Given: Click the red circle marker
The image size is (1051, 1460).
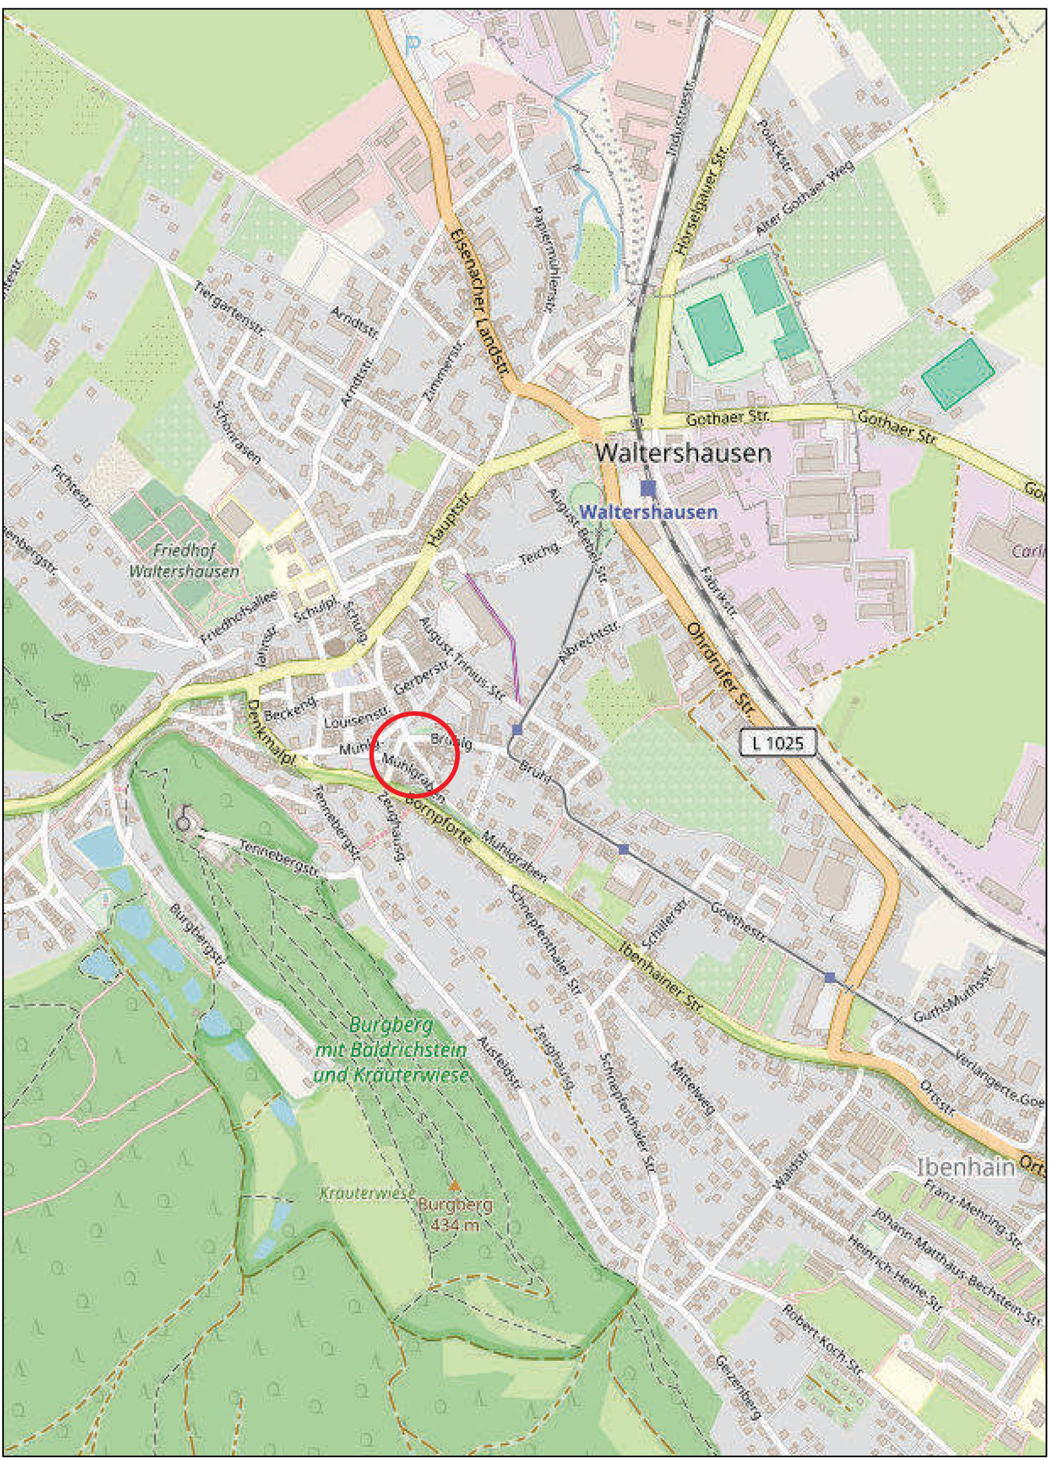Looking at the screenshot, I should click(415, 754).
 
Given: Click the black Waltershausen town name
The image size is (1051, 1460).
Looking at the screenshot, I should click(682, 453).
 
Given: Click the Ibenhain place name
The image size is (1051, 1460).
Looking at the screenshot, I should click(966, 1167).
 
